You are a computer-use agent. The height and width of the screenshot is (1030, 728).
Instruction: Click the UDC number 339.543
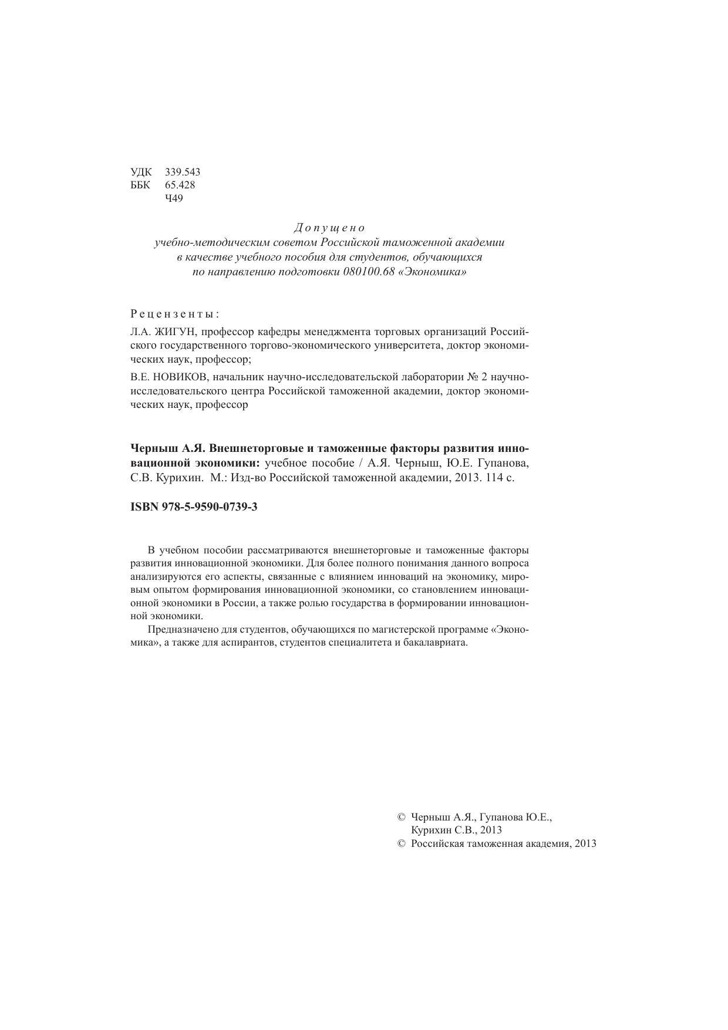(183, 172)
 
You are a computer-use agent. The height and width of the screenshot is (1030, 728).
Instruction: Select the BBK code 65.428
(180, 185)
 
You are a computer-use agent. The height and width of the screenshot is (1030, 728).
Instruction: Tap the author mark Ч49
(174, 198)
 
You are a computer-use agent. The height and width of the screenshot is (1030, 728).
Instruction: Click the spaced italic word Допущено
(329, 228)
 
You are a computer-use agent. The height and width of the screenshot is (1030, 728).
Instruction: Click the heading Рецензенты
(175, 313)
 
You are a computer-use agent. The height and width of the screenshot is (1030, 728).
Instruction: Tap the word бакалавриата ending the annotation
(439, 643)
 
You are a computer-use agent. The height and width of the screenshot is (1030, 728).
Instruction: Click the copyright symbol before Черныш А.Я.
(402, 817)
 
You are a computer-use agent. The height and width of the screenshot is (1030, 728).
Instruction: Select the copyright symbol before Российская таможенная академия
(402, 844)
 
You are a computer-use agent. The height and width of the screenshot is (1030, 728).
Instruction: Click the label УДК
(141, 172)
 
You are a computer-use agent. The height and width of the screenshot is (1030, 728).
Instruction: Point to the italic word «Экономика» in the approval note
(432, 272)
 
